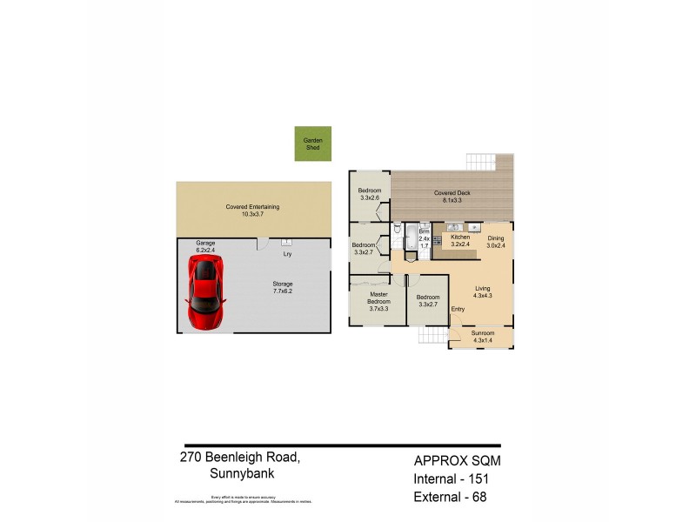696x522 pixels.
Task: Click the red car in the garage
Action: (206, 290)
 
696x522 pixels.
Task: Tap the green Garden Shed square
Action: (311, 144)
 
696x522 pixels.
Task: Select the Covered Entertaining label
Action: (252, 210)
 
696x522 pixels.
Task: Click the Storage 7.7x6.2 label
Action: (283, 287)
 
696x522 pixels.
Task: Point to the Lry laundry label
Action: (287, 254)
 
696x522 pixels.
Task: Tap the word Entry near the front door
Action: (458, 309)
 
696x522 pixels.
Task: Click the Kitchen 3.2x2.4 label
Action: (460, 240)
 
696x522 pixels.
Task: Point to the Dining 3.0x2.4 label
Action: (495, 241)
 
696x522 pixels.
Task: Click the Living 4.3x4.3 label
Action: (483, 292)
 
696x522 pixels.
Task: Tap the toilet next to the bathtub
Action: (396, 231)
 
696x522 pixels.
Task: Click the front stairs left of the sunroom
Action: (432, 336)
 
